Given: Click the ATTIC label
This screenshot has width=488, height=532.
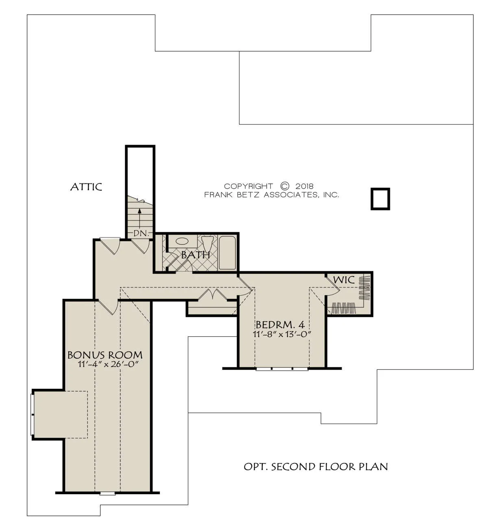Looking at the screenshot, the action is (86, 187).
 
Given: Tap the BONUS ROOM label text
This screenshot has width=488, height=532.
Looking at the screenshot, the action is (105, 355).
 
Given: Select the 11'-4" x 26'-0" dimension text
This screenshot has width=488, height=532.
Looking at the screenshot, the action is (109, 364).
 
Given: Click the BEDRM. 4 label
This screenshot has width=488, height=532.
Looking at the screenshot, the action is (280, 325).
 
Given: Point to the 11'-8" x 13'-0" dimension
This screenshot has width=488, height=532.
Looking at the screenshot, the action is (282, 334).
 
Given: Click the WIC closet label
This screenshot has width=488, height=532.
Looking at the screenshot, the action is (344, 280).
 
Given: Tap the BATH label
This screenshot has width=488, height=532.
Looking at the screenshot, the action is (196, 255).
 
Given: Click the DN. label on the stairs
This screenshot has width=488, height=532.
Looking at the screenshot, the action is (140, 233).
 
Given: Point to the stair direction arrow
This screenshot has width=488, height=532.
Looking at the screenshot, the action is (139, 219).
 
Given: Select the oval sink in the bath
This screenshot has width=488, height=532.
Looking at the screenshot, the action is (182, 241).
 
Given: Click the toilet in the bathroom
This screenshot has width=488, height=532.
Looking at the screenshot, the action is (207, 243).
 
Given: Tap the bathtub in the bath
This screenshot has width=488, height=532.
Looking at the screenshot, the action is (228, 253).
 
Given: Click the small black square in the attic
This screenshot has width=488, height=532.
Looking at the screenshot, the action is (380, 199).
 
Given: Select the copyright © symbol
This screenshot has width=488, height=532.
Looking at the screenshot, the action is (285, 186).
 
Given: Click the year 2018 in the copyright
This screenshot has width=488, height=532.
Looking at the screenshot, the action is (305, 186).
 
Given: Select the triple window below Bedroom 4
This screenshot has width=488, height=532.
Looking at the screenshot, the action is (282, 368).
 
